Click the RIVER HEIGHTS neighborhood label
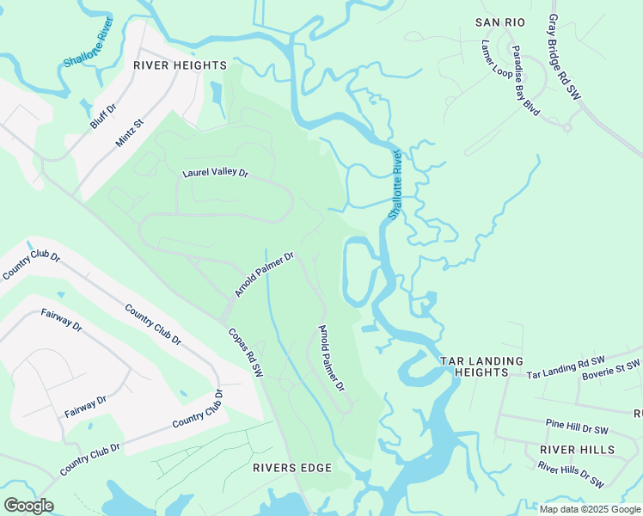point(180,65)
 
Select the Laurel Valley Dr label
point(215,173)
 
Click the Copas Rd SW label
point(245,353)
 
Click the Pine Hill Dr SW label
point(577,427)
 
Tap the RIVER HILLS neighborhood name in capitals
point(577,450)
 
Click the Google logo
point(28,506)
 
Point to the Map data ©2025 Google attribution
point(590,509)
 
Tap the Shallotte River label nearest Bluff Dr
point(89,49)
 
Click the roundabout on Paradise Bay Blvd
point(566,127)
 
